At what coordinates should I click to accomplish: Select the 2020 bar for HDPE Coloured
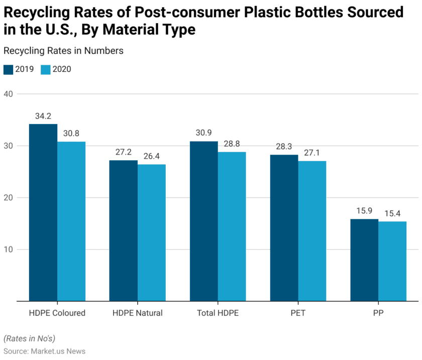click(x=71, y=221)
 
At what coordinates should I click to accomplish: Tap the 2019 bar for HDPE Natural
click(x=124, y=230)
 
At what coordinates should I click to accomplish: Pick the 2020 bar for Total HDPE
click(x=232, y=226)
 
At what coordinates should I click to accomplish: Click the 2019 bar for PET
click(x=284, y=228)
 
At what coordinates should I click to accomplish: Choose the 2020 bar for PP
click(x=392, y=261)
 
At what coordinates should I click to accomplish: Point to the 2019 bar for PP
click(x=364, y=260)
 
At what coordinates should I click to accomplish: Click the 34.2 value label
click(x=43, y=116)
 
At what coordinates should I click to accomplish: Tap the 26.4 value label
click(x=151, y=156)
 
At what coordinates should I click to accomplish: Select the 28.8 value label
click(x=232, y=144)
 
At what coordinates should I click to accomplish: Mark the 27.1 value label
click(x=312, y=153)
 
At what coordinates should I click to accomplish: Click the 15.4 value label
click(x=392, y=213)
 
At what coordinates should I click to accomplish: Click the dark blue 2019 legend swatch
click(x=8, y=69)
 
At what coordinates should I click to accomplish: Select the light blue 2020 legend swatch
click(x=45, y=69)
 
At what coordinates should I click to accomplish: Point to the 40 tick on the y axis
click(x=9, y=94)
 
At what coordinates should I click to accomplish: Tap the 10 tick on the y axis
click(x=9, y=250)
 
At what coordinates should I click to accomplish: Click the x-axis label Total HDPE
click(x=218, y=313)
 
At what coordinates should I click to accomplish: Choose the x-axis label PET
click(x=298, y=313)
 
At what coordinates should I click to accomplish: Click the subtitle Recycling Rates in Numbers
click(x=63, y=51)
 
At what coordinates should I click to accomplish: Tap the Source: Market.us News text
click(x=44, y=351)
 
